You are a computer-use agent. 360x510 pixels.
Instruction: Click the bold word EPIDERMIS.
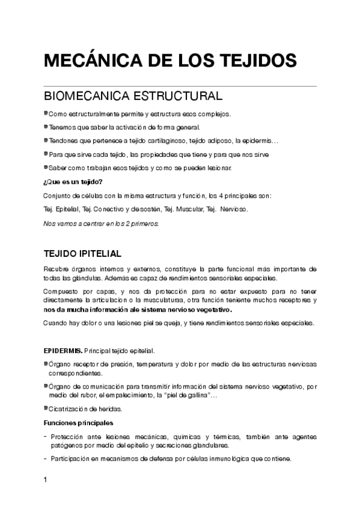[63, 350]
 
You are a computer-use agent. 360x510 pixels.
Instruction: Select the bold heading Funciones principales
[79, 422]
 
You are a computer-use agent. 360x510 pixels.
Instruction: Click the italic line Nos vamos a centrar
[101, 223]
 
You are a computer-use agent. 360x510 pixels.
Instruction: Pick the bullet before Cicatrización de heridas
[46, 408]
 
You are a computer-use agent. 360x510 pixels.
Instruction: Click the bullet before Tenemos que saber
[46, 126]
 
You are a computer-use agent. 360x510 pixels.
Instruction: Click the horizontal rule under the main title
[180, 86]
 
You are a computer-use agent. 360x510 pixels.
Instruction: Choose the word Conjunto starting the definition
[58, 196]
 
